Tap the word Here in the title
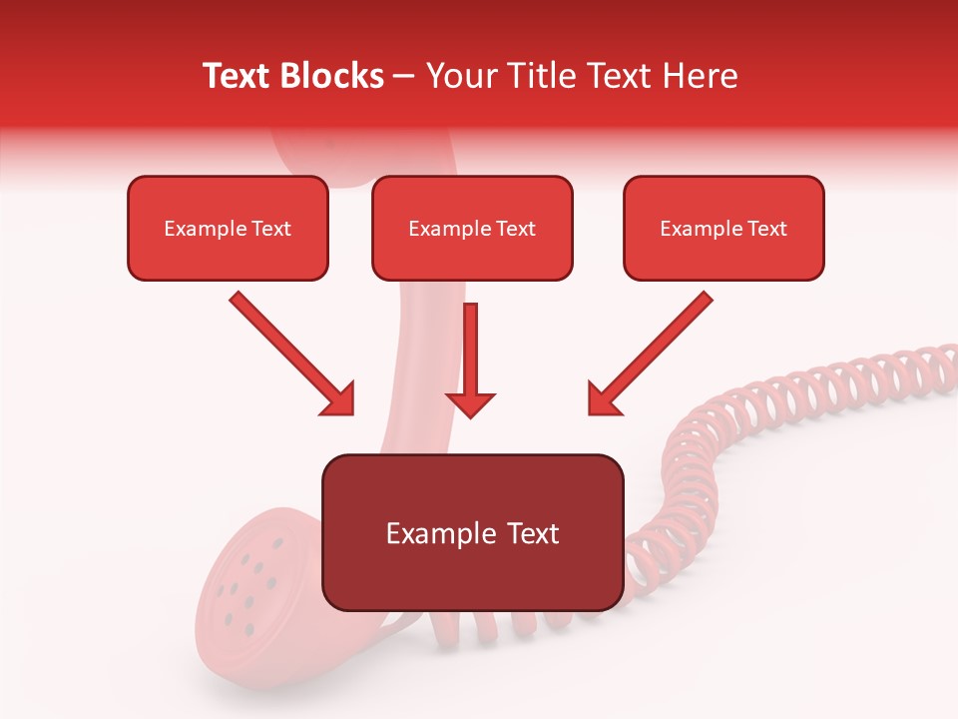(700, 76)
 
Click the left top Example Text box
(228, 228)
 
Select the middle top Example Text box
(472, 228)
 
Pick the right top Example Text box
(723, 228)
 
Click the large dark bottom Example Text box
(472, 532)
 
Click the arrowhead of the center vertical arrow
(470, 404)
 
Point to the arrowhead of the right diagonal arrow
(604, 398)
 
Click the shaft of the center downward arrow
(470, 345)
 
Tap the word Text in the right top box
(766, 229)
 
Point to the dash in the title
(404, 76)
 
